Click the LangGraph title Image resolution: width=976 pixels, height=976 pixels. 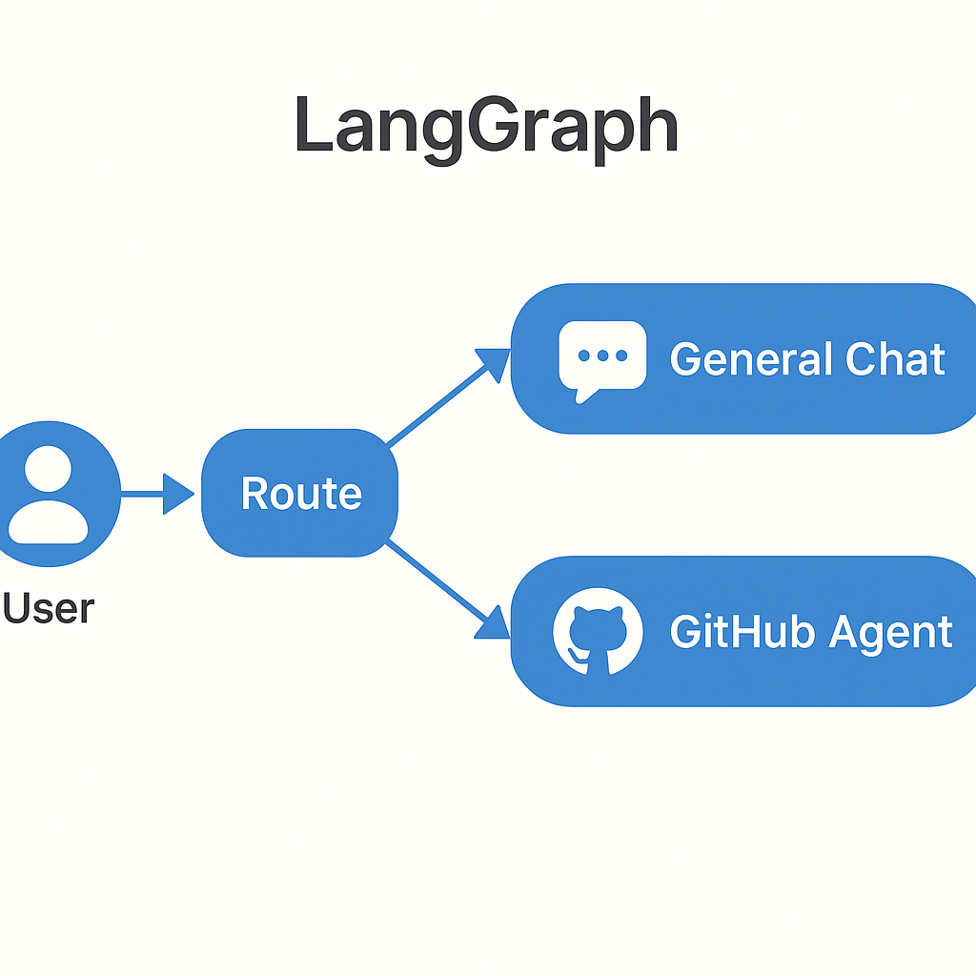pyautogui.click(x=486, y=126)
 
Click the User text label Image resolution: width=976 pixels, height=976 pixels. pyautogui.click(x=48, y=608)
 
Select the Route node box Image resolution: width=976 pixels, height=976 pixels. pyautogui.click(x=299, y=493)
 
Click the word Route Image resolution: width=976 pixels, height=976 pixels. pyautogui.click(x=301, y=494)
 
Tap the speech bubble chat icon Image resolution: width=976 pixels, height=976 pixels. pyautogui.click(x=601, y=359)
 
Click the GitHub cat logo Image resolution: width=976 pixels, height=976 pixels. pyautogui.click(x=598, y=631)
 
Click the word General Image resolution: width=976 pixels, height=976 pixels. pyautogui.click(x=737, y=359)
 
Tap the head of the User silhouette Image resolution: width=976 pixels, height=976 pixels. pyautogui.click(x=47, y=470)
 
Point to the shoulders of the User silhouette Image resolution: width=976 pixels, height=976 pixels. pyautogui.click(x=47, y=523)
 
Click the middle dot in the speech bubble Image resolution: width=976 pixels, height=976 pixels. pyautogui.click(x=602, y=356)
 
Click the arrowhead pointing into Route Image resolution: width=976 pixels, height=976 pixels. pyautogui.click(x=179, y=494)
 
